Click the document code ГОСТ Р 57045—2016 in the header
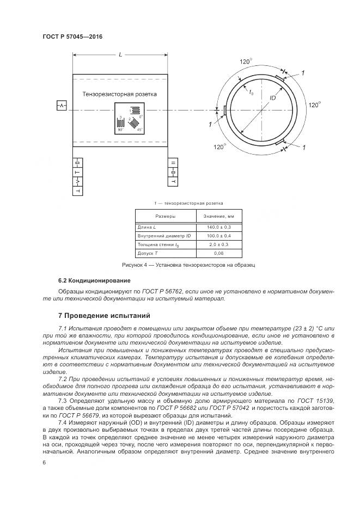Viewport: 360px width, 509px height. [x=72, y=36]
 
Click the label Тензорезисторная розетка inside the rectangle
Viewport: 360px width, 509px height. [x=119, y=94]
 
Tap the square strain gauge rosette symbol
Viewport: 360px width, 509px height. [x=129, y=118]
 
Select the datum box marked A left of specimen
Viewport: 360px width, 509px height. [x=62, y=105]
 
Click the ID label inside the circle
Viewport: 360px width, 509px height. [x=273, y=97]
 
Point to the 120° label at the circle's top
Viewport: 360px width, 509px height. [x=246, y=62]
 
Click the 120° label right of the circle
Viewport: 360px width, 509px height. [x=315, y=105]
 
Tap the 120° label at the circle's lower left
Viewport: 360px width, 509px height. [x=219, y=146]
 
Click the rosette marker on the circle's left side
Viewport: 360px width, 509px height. [x=224, y=111]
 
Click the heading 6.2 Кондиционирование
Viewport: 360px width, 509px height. [x=94, y=280]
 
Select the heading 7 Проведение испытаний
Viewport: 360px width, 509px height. [x=103, y=316]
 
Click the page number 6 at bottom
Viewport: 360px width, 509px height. [x=44, y=462]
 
